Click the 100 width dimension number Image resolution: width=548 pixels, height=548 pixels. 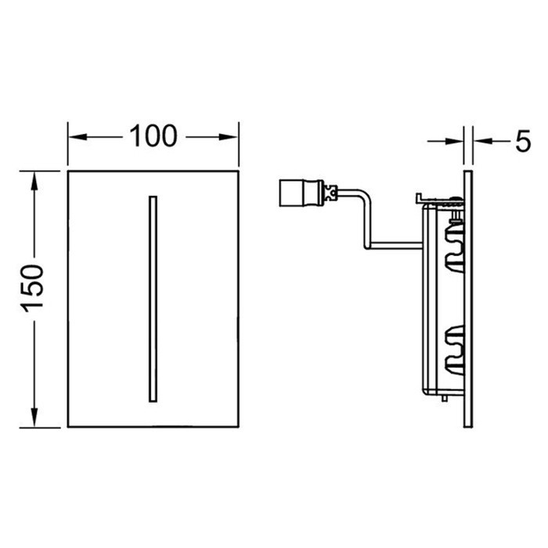click(153, 136)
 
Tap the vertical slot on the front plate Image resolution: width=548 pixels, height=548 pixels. click(152, 298)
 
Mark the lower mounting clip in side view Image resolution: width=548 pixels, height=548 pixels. click(453, 344)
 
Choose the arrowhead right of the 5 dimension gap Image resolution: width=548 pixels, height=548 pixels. click(477, 141)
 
